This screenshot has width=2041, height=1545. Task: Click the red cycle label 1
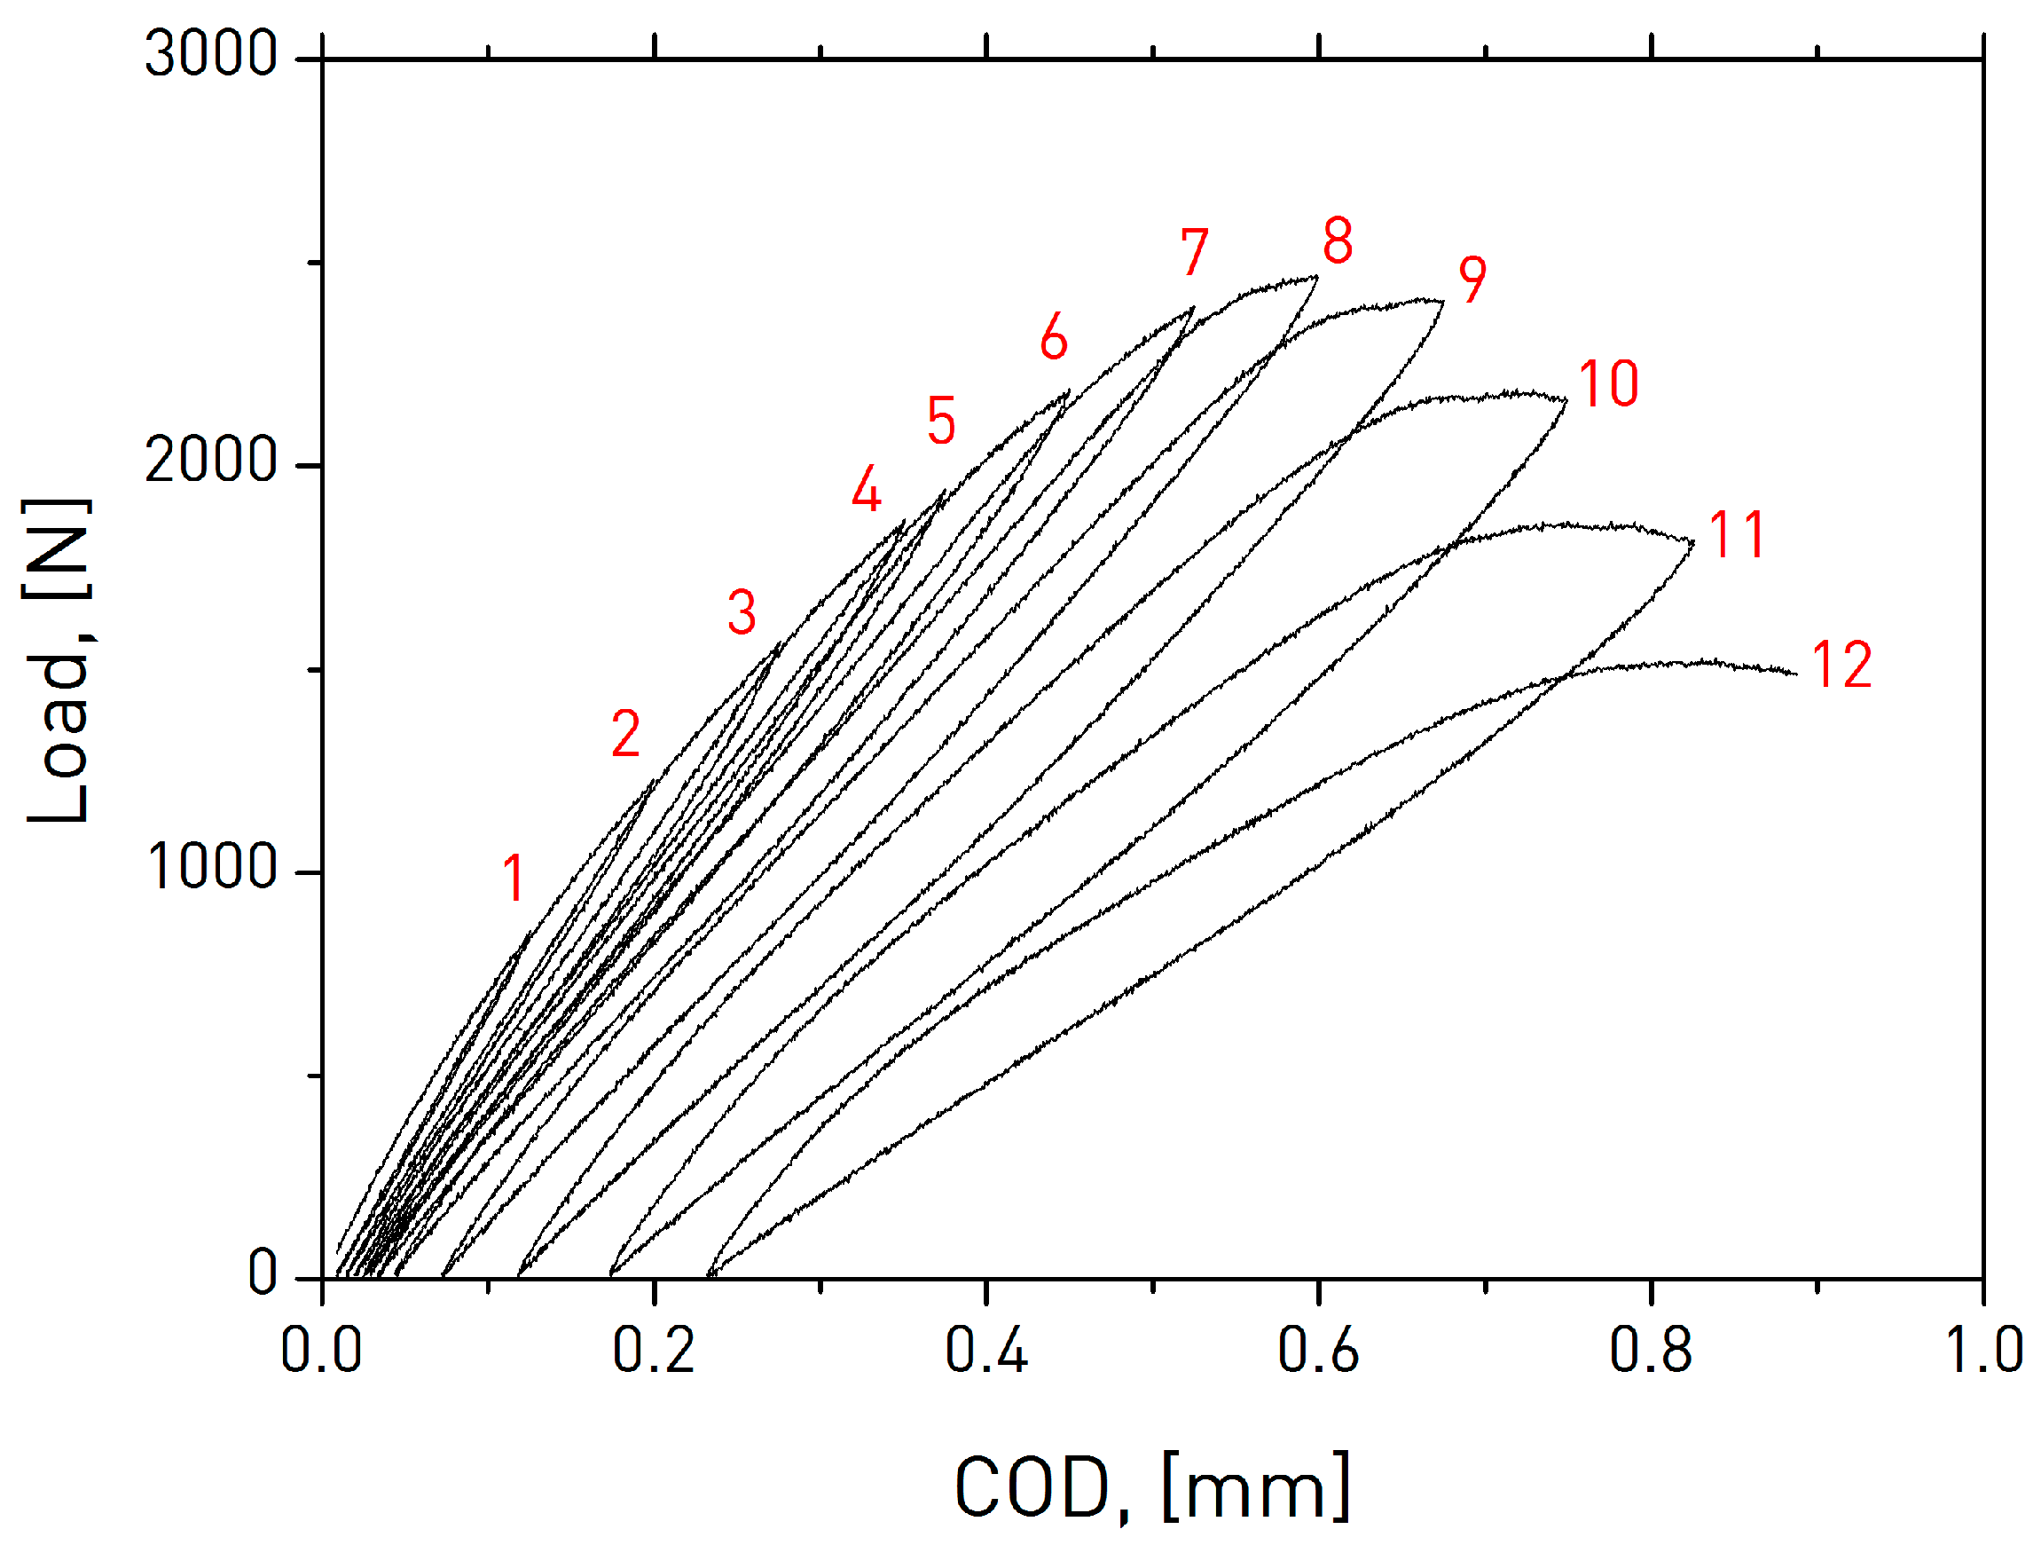(514, 878)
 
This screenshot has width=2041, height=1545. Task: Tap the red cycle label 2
(625, 735)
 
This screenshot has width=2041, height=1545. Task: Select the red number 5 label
(940, 421)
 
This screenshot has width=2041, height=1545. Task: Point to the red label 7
(1194, 252)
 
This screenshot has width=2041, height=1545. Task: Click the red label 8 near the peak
(1337, 240)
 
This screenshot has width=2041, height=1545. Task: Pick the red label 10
(1608, 384)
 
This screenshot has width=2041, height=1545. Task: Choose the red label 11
(1738, 534)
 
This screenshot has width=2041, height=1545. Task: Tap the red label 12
(1841, 665)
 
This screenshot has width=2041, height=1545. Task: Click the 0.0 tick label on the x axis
(321, 1352)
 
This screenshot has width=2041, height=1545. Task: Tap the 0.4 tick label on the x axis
(985, 1352)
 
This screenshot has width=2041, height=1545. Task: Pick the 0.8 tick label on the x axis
(1650, 1352)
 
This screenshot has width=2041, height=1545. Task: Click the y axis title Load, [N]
(57, 661)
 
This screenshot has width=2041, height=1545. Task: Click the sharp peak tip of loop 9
(1443, 301)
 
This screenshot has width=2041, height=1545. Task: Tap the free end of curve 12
(1795, 674)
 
